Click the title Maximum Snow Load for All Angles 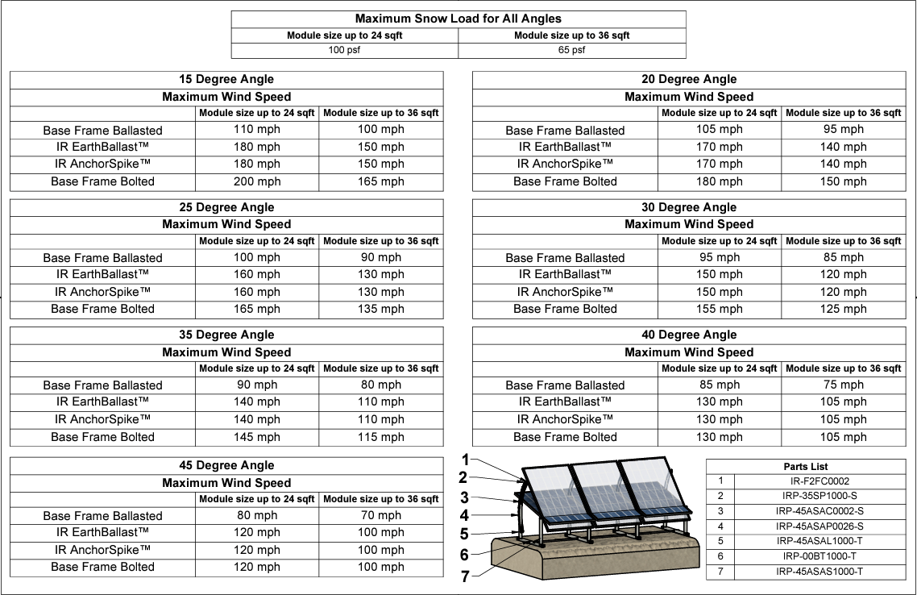click(458, 19)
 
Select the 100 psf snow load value click(344, 50)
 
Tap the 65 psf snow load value click(571, 50)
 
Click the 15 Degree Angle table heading click(226, 79)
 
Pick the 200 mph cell click(257, 181)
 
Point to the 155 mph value click(719, 309)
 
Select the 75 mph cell click(843, 385)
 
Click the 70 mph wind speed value click(380, 515)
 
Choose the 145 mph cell click(257, 437)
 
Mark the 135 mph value click(380, 309)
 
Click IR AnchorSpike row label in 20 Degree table click(565, 164)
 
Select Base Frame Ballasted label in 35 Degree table click(102, 385)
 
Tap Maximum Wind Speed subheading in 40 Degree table click(689, 352)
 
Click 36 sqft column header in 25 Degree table click(380, 241)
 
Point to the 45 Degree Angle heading click(226, 465)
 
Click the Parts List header click(805, 467)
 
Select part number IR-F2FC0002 click(819, 481)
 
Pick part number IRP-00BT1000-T click(819, 556)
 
